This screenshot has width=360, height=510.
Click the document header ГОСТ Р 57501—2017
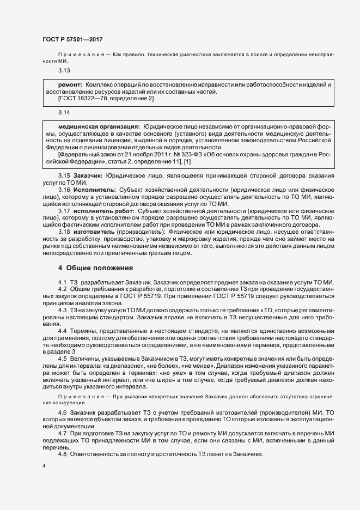72,39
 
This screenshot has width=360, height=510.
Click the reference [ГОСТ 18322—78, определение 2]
106,98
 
